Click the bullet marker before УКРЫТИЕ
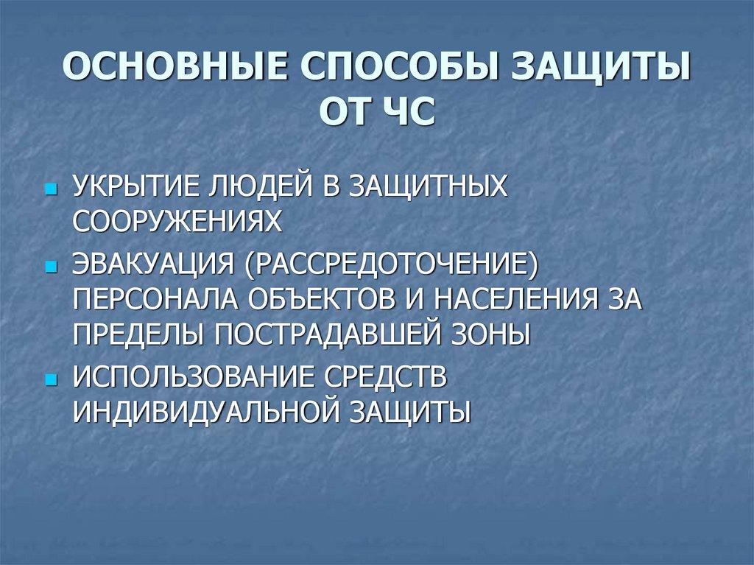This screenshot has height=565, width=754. (50, 189)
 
